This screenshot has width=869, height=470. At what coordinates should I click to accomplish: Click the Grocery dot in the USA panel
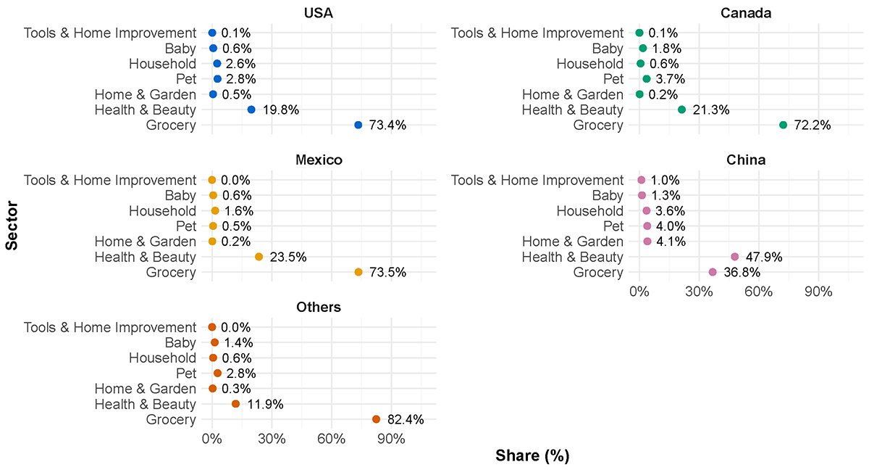tap(358, 125)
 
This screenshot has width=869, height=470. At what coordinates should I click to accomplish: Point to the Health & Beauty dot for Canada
tap(681, 110)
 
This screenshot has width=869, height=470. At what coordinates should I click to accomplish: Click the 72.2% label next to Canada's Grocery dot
tap(811, 125)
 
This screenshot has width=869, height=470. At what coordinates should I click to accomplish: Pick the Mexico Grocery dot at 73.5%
tap(358, 272)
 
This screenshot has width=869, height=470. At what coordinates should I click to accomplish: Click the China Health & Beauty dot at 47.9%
tap(734, 257)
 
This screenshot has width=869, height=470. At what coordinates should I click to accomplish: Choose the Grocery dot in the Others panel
tap(376, 419)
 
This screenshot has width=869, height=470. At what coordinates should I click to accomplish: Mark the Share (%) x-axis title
tap(532, 456)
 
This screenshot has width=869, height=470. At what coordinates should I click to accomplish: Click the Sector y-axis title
tap(12, 226)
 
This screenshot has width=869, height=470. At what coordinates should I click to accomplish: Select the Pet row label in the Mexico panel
tap(185, 226)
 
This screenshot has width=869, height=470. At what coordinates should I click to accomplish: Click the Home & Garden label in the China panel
tap(572, 242)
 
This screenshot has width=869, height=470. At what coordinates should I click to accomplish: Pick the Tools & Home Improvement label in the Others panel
tap(109, 327)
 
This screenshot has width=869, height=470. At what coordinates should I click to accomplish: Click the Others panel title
tap(319, 308)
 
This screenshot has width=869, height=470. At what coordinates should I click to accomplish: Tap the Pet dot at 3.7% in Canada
tap(647, 78)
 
